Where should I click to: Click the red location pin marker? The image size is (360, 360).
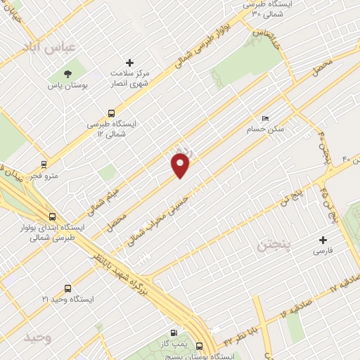point(181,165)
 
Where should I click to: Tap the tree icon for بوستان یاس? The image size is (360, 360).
point(67,73)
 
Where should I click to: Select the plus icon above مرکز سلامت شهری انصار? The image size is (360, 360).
point(129,63)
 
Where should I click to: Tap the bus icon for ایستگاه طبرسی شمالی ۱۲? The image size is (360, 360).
point(111,112)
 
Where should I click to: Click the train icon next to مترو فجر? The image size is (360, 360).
point(44,165)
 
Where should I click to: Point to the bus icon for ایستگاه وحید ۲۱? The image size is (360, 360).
point(67,288)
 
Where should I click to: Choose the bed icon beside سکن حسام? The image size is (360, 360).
point(264,118)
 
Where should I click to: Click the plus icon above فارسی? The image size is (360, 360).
point(323,240)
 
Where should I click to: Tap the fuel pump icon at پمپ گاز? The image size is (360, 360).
point(174,333)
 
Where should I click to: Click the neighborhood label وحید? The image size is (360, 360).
point(38,337)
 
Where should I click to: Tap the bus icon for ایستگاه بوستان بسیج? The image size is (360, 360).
point(199,347)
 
